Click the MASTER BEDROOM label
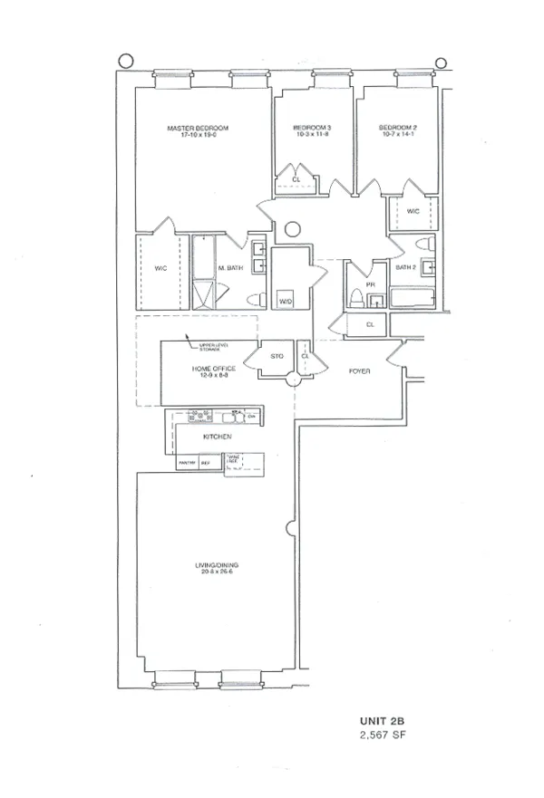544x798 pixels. pos(198,129)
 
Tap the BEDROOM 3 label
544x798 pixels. pos(311,129)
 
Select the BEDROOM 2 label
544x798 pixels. pos(397,129)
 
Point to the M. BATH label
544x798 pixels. pos(227,268)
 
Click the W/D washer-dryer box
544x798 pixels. pos(286,301)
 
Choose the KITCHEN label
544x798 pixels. pos(218,437)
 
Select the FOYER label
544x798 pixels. pos(359,370)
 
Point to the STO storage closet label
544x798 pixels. pos(277,356)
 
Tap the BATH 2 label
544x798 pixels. pos(405,268)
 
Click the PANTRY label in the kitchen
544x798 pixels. pos(187,461)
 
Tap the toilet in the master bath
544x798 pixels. pos(255,299)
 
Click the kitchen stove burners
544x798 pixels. pos(199,417)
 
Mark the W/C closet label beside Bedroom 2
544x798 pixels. pos(413,212)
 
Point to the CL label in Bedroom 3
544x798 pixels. pos(296,179)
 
